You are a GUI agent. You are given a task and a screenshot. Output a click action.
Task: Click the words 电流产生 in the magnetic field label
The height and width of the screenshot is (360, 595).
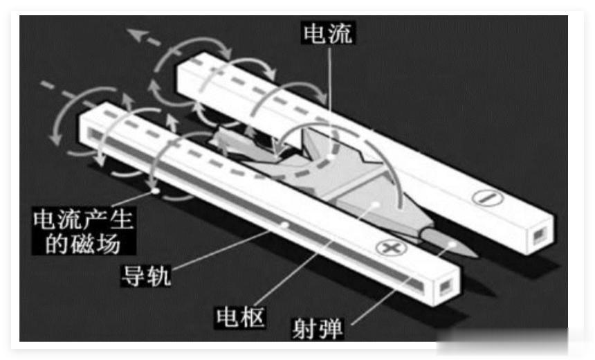[x=83, y=219]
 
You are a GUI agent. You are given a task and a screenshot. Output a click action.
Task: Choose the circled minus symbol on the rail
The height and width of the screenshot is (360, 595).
[x=486, y=197]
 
